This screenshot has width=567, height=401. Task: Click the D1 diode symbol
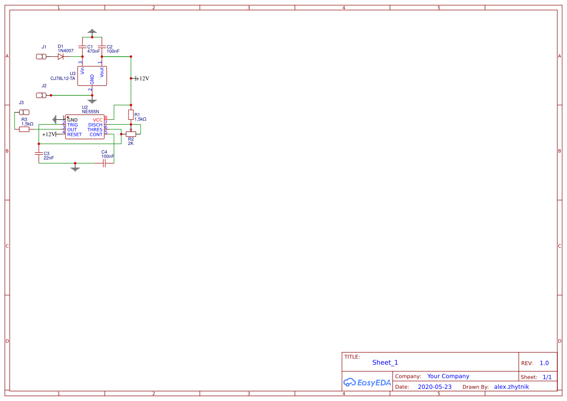coord(61,57)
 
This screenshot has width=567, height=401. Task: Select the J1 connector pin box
coord(42,57)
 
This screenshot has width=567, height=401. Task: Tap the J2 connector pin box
coord(42,95)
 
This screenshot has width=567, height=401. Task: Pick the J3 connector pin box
coord(24,112)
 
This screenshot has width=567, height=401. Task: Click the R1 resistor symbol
coord(130,114)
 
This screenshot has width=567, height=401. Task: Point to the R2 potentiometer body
coord(131,134)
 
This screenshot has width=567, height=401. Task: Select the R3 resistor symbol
coord(24,129)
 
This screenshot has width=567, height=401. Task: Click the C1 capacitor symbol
coord(82,47)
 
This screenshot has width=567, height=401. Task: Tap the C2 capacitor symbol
coord(101,47)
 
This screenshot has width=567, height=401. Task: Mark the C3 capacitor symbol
coord(39,153)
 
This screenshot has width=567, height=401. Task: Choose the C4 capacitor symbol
coord(104,163)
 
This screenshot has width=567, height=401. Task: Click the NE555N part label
coord(90,112)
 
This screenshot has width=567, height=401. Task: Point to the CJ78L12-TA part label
coord(63,79)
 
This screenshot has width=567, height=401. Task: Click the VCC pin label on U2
coord(97,120)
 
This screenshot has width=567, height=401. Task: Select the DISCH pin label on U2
coord(95,125)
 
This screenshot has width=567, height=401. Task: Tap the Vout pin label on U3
coord(102,72)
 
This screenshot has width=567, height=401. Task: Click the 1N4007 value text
coord(65,51)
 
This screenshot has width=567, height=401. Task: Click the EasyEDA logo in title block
coord(367,383)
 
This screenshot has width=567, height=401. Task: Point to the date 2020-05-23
coord(434,387)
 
